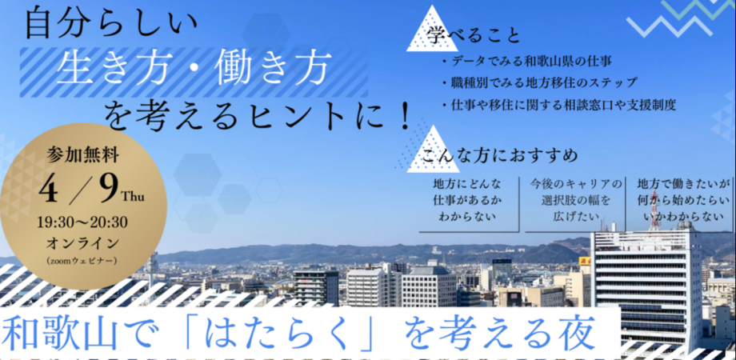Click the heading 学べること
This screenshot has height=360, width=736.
click(473, 35)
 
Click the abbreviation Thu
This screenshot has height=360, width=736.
click(131, 195)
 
